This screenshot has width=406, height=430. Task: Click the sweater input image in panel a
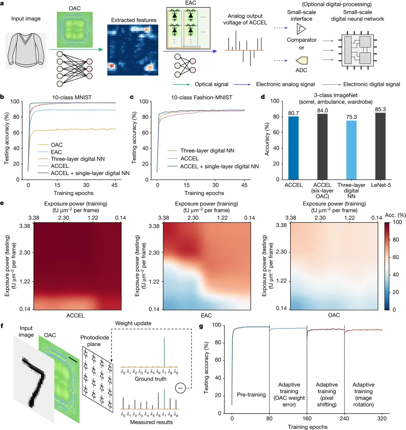[26, 51]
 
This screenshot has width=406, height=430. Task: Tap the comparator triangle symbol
[301, 29]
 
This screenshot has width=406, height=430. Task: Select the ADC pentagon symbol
[302, 60]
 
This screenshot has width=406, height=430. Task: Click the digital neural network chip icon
[358, 50]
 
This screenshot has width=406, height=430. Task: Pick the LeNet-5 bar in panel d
[380, 146]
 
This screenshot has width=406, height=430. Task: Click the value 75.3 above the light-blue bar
[351, 117]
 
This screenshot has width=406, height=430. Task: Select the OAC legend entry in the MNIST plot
[57, 145]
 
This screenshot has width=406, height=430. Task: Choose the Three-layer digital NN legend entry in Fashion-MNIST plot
[207, 151]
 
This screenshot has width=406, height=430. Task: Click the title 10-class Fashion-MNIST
[201, 97]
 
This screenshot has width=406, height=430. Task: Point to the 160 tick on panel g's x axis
[307, 418]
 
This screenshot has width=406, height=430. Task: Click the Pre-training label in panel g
[251, 395]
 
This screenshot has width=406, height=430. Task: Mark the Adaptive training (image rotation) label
[363, 394]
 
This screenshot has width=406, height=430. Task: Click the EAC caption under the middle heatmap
[206, 315]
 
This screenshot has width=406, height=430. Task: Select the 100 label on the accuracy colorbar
[397, 222]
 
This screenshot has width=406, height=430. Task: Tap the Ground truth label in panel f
[151, 379]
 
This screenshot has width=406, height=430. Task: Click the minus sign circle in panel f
[181, 388]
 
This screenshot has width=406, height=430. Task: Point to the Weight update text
[133, 323]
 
